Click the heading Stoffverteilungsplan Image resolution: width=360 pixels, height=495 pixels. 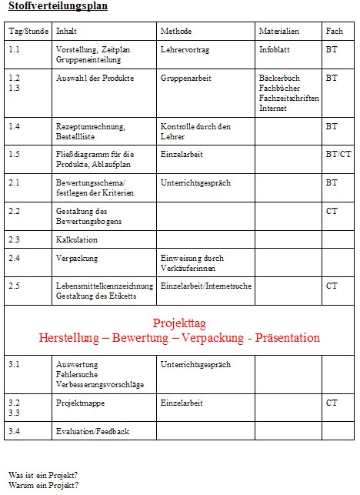pyautogui.click(x=58, y=7)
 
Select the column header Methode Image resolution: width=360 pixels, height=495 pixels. pyautogui.click(x=176, y=32)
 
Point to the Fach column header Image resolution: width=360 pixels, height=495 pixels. pyautogui.click(x=335, y=32)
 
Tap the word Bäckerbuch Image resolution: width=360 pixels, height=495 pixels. pyautogui.click(x=281, y=79)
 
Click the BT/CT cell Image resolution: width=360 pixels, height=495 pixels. pyautogui.click(x=338, y=154)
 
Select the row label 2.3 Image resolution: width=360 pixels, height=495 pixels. pyautogui.click(x=15, y=240)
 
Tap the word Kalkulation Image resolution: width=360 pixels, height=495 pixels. pyautogui.click(x=77, y=240)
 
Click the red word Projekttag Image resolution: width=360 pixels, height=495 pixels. pyautogui.click(x=179, y=323)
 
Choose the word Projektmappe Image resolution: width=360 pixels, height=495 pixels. pyautogui.click(x=82, y=403)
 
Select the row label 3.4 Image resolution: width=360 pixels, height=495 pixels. pyautogui.click(x=15, y=432)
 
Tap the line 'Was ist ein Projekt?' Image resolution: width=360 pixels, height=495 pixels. pyautogui.click(x=43, y=475)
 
